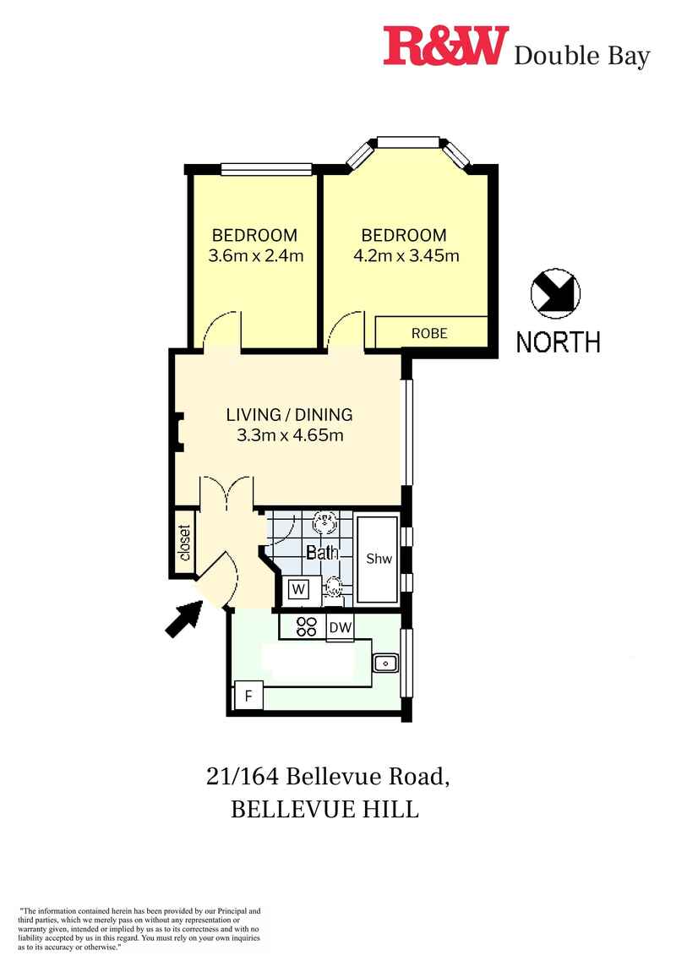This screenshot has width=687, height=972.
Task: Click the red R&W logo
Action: point(445,46)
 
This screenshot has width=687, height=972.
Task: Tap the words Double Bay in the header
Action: point(582,57)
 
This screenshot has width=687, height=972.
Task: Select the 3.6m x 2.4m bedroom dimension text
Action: point(255,255)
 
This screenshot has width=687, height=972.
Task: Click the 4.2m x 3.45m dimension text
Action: point(404,255)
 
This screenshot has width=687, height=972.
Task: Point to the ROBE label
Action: point(429,333)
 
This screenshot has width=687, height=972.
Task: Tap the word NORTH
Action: point(559,342)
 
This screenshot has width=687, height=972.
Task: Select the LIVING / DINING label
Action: point(289,415)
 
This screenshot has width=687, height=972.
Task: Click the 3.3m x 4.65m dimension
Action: point(289,436)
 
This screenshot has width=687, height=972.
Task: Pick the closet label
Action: point(184,543)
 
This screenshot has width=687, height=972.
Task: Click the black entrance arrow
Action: point(183,621)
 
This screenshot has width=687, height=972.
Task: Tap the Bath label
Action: point(321,554)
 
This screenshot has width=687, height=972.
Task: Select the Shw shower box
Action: point(377,560)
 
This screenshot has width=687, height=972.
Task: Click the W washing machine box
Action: point(297,588)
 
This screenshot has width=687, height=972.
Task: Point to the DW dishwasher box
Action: point(340,627)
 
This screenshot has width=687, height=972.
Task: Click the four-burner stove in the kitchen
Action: point(306,626)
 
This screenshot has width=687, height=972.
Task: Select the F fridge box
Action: point(248,696)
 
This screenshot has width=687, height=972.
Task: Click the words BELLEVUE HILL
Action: point(325,809)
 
